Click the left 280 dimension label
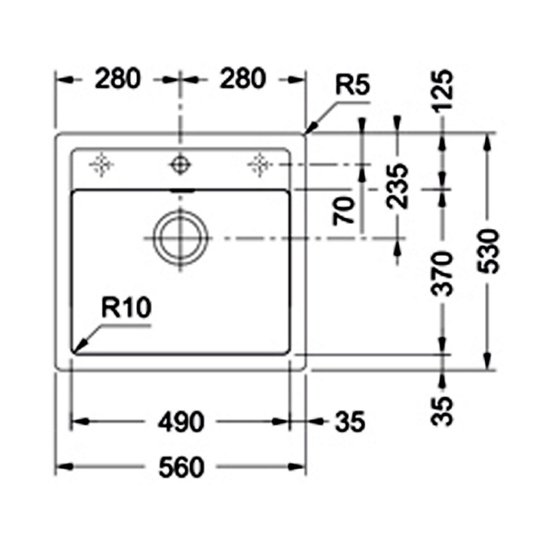(118, 78)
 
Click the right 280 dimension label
(243, 78)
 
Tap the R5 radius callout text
(352, 84)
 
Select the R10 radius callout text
(126, 307)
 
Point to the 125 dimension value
(442, 90)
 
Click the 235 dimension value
(397, 186)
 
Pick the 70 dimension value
(343, 211)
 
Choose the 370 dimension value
(441, 274)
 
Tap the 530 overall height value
(488, 251)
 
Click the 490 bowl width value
(181, 422)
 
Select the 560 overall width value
(181, 467)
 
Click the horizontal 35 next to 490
(350, 422)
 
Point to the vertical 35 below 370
(441, 411)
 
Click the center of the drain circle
(180, 238)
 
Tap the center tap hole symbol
(180, 164)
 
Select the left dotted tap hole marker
(101, 164)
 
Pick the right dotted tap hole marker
(260, 164)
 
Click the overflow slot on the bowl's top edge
(182, 191)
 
